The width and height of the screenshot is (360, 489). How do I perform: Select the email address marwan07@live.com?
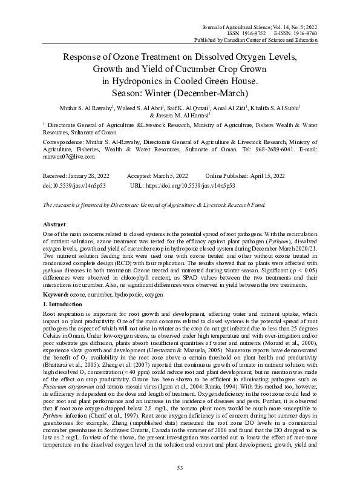67,156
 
